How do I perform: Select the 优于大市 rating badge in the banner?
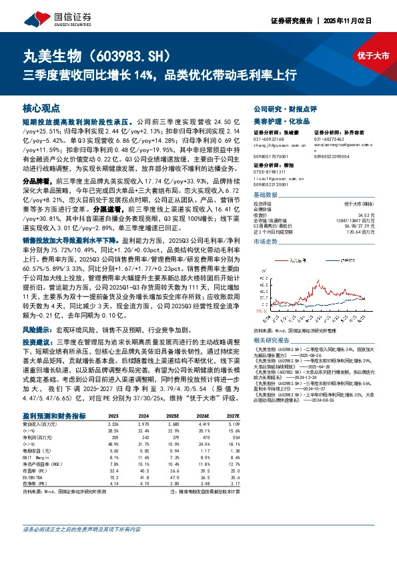click(x=374, y=56)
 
